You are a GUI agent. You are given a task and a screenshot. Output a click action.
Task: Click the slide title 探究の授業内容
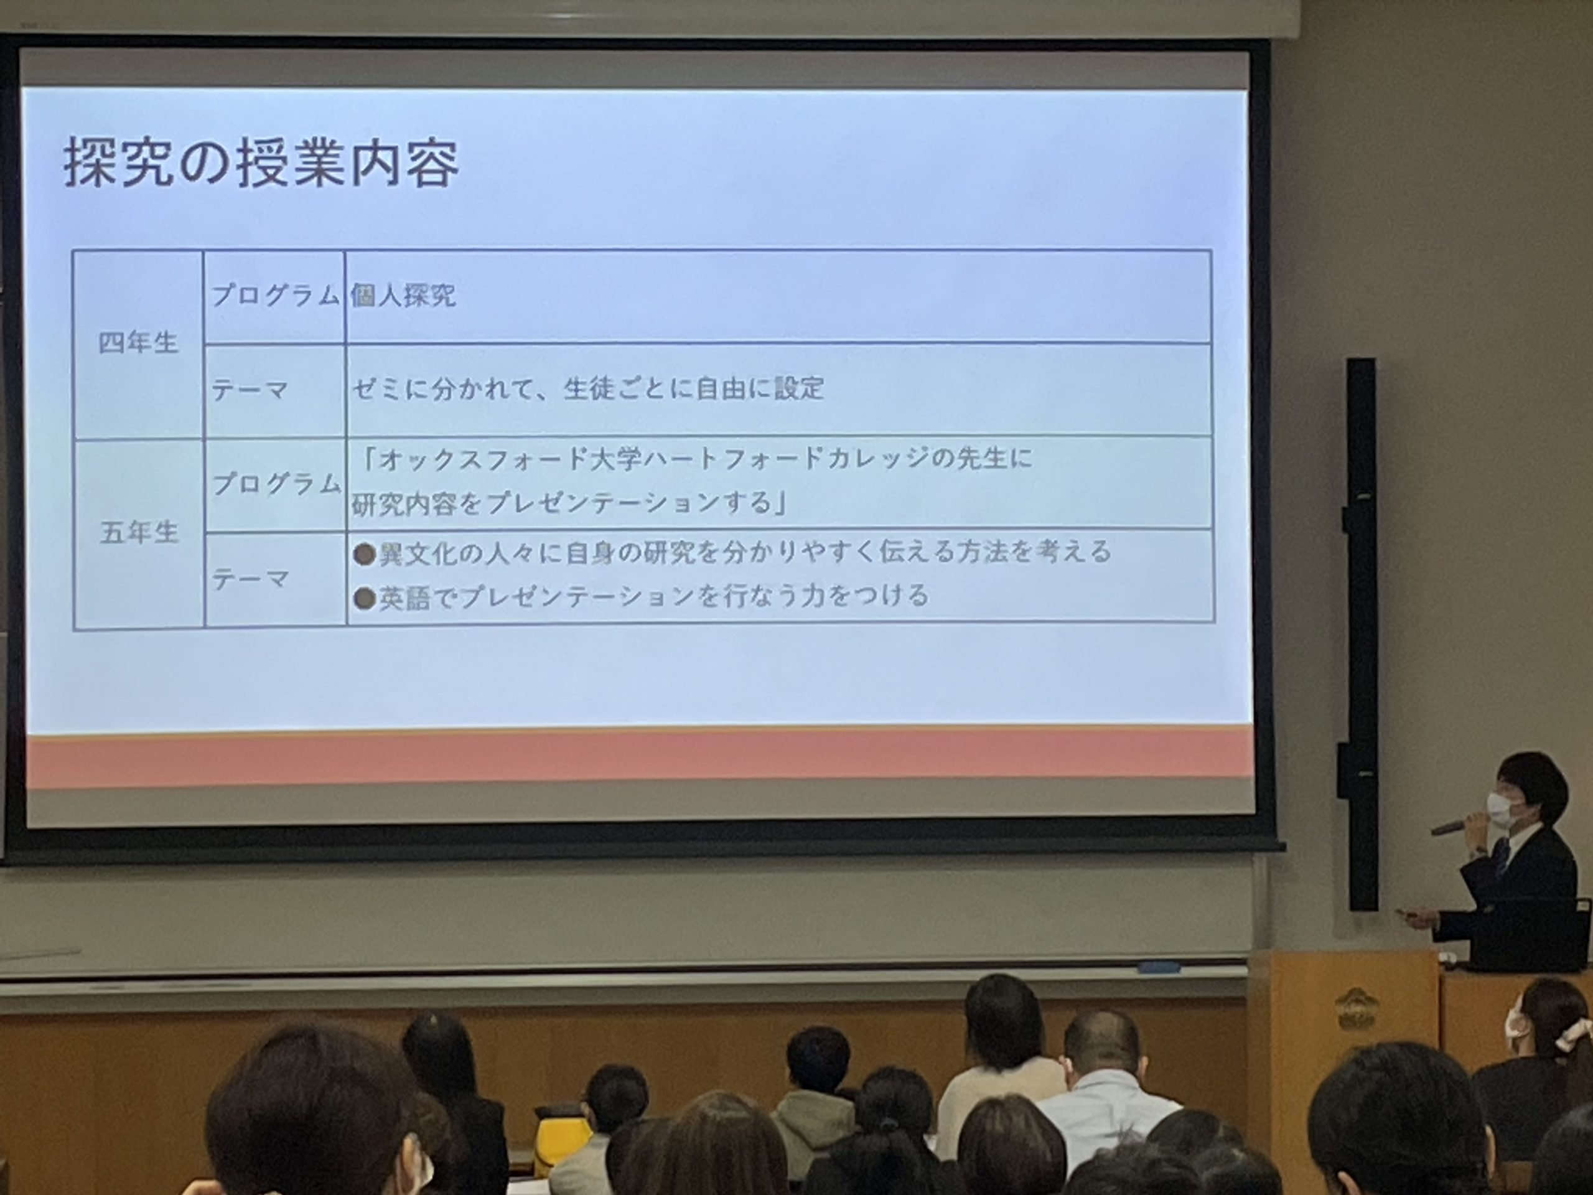(x=260, y=165)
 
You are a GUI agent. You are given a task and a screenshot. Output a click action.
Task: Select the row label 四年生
(x=138, y=343)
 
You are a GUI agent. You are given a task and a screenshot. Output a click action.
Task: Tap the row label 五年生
(x=138, y=533)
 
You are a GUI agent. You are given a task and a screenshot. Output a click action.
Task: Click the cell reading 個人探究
(x=403, y=296)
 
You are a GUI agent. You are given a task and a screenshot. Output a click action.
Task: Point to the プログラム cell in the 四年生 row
(x=275, y=296)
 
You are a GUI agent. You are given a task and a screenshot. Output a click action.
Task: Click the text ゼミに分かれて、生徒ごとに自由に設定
(x=587, y=389)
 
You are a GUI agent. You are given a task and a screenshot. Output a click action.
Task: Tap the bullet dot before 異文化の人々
(x=365, y=554)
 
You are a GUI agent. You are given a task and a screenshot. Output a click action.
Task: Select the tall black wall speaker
(x=1360, y=634)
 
